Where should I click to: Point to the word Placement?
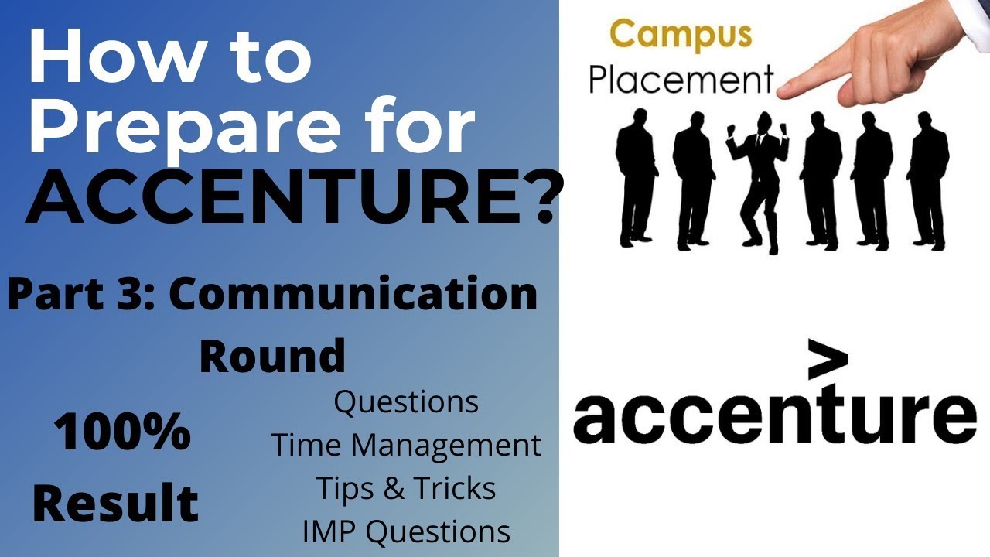pos(681,80)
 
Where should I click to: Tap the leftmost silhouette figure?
pos(636,182)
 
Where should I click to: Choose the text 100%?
pos(122,433)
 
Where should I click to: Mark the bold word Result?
pos(115,504)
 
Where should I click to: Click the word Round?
pos(272,356)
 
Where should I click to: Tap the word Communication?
pos(353,295)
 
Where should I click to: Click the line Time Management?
pos(405,446)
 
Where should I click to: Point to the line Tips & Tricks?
pos(405,489)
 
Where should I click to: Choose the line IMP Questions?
pos(405,532)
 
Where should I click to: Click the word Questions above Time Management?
pos(405,402)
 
